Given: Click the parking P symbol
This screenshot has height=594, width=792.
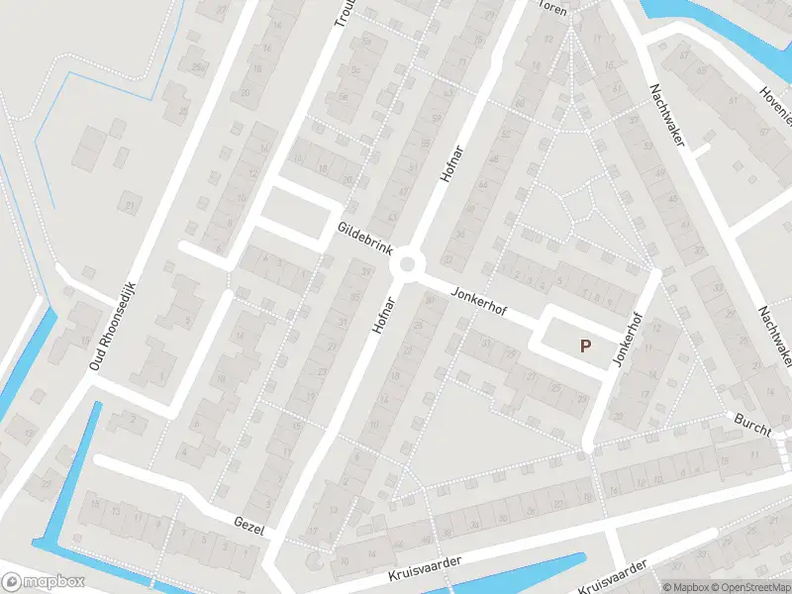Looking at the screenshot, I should point(585,346).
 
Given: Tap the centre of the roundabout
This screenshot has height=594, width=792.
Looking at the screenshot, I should point(407,265).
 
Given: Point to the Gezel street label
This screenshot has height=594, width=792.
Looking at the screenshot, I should point(249,526).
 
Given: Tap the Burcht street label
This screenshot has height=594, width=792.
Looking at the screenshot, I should point(752,422).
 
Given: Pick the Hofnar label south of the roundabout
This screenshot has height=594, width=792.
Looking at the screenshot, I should point(385,315).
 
